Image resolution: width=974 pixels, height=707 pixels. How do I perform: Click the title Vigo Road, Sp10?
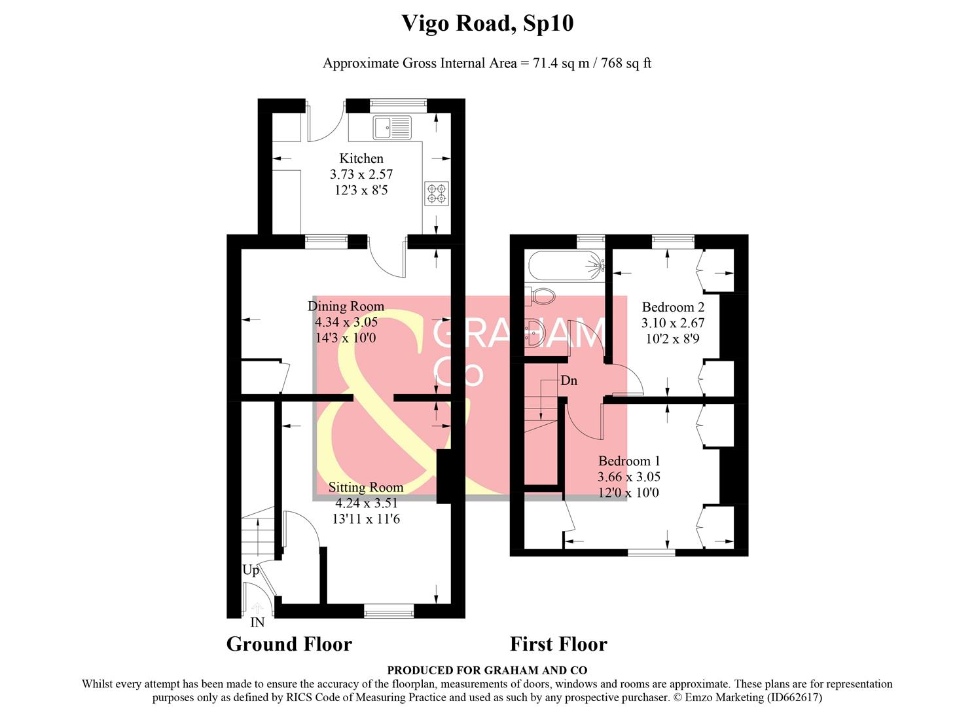[487, 24]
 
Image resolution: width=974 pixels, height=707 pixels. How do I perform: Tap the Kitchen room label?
[361, 158]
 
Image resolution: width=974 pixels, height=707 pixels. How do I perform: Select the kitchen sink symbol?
[392, 128]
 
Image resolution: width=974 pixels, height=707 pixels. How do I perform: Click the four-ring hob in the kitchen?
[437, 194]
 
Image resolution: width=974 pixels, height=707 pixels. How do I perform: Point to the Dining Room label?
[346, 306]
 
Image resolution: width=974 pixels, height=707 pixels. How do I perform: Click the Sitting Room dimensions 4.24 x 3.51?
[366, 503]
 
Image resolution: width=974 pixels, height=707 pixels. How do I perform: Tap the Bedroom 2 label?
[673, 308]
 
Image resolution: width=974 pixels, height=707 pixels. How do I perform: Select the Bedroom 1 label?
[629, 461]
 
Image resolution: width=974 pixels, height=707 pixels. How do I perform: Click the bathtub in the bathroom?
[566, 266]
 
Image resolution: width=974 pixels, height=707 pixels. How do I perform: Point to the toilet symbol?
[541, 297]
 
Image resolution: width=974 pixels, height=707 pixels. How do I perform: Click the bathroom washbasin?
[534, 333]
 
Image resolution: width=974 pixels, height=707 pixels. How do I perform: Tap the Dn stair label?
[569, 381]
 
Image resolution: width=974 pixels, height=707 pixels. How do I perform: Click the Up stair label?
[251, 570]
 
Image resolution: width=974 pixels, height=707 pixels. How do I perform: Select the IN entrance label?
[257, 623]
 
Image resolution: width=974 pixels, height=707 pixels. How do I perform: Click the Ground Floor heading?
[289, 644]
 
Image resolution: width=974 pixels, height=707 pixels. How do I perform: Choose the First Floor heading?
[559, 644]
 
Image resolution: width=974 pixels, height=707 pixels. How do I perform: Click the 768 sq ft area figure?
[626, 63]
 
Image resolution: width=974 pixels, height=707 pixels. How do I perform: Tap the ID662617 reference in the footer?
[794, 697]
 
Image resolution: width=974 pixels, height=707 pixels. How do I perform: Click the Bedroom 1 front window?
[651, 553]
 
